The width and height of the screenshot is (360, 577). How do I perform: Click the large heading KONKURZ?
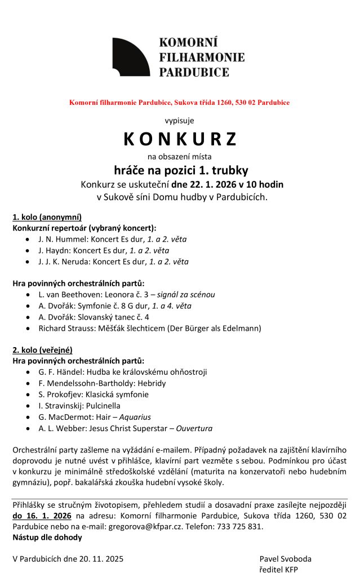point(180,139)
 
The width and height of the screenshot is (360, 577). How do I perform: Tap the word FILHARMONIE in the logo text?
point(202,57)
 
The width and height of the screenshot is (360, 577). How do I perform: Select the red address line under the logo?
point(180,103)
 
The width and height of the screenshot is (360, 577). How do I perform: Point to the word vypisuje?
point(180,120)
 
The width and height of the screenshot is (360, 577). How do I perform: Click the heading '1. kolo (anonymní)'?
point(47,217)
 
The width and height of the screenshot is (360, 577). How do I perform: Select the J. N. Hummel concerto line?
point(113,239)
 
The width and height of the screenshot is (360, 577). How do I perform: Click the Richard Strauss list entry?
point(150,328)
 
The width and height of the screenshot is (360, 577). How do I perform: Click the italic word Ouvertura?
point(194,428)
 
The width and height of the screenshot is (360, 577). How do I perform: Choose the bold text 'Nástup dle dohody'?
point(47,537)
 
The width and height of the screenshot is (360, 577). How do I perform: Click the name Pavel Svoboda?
point(285,559)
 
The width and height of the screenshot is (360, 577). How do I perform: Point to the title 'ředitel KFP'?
point(279,570)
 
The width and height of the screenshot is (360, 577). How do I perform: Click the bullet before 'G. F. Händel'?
point(29,372)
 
